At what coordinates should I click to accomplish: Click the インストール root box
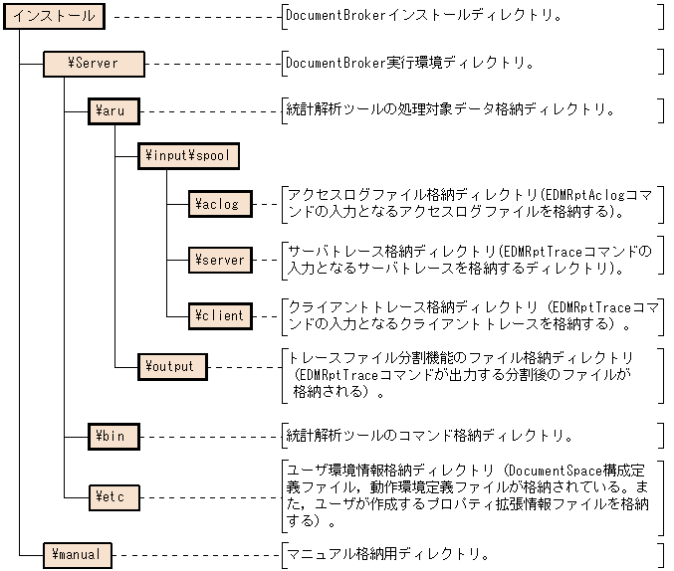(54, 16)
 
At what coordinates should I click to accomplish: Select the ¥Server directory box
(94, 64)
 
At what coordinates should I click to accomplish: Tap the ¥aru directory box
(114, 109)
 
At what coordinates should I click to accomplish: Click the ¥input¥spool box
(188, 155)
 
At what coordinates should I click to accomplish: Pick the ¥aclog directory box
(220, 203)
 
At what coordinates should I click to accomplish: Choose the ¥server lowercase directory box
(220, 260)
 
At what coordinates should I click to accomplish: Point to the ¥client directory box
(220, 315)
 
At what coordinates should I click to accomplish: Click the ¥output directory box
(172, 366)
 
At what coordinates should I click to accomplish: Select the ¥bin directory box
(114, 436)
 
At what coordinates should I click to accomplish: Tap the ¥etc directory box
(114, 493)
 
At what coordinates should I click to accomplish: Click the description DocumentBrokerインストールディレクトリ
(423, 16)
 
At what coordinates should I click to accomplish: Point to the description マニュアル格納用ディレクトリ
(387, 554)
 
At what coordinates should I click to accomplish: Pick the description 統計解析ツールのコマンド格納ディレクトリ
(429, 436)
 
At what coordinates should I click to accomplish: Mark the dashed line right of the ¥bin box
(209, 436)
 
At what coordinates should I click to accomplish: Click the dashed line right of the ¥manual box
(195, 554)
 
